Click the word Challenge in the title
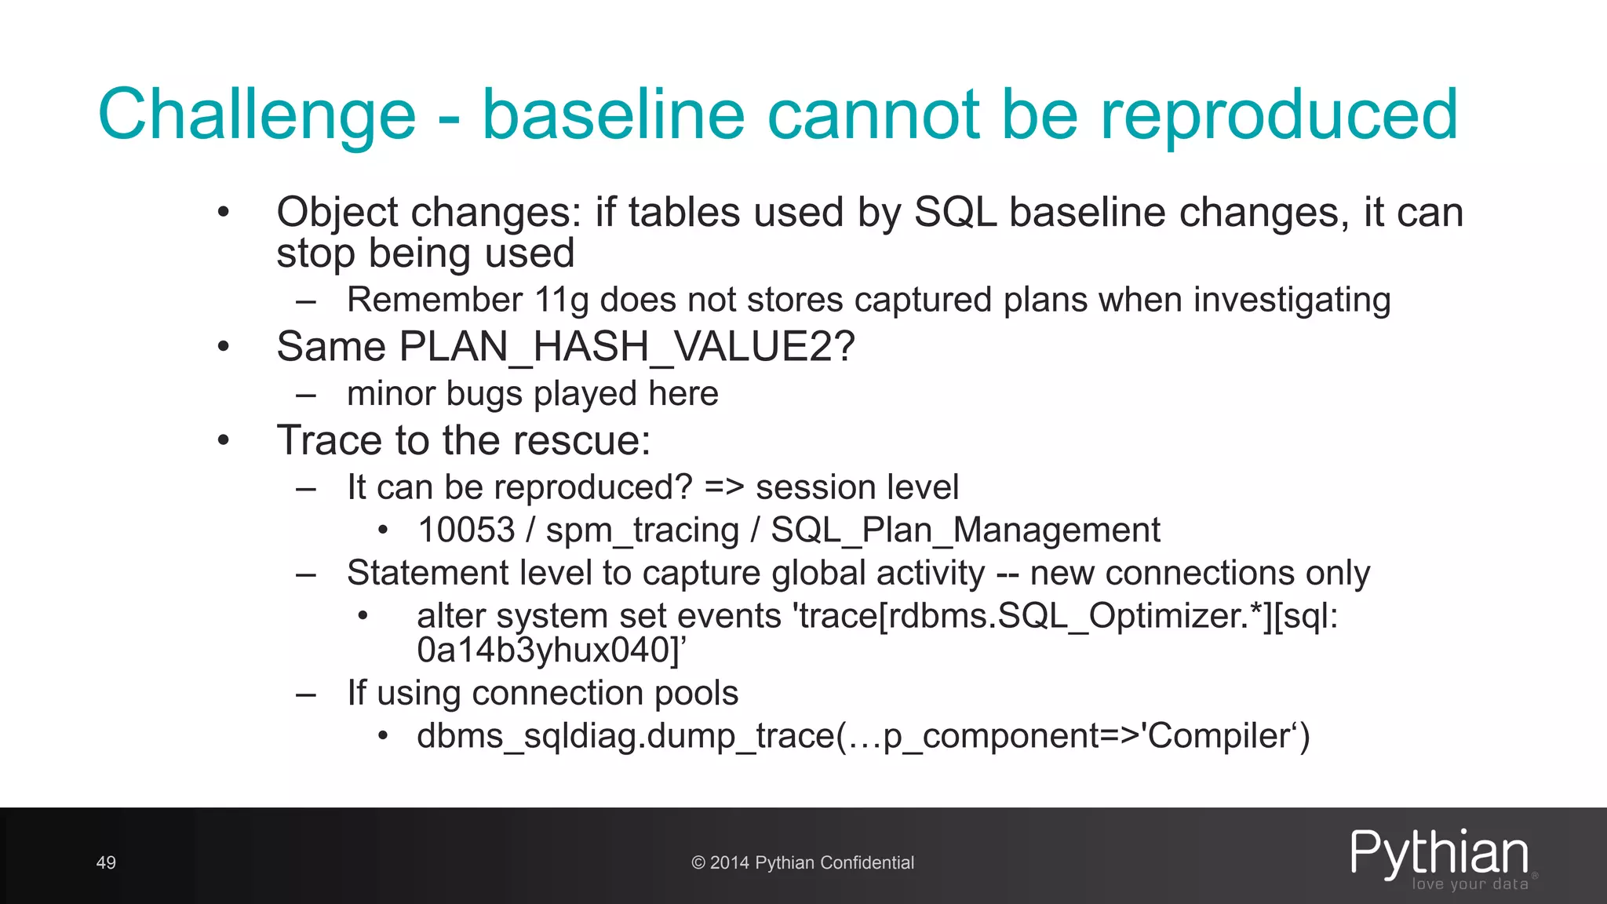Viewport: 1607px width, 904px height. click(x=257, y=116)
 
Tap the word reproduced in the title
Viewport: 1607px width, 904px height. click(x=1279, y=116)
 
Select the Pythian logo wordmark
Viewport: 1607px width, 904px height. click(x=1439, y=853)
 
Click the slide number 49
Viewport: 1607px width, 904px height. click(x=106, y=863)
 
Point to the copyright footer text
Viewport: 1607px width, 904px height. click(x=803, y=863)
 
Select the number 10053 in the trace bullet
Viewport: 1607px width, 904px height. click(x=466, y=530)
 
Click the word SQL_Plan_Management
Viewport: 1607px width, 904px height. click(x=965, y=530)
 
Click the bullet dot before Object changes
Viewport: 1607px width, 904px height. click(x=224, y=212)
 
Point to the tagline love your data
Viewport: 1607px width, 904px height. click(x=1470, y=884)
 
